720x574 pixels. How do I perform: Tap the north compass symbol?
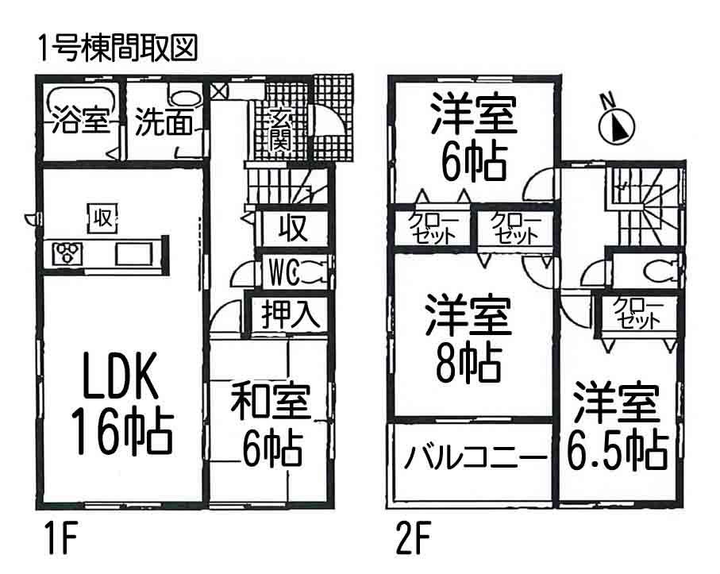click(615, 124)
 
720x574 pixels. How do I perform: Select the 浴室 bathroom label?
click(81, 125)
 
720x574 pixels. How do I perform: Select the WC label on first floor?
click(282, 274)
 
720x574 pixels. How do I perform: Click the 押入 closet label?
click(291, 314)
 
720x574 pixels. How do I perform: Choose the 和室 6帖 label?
click(270, 426)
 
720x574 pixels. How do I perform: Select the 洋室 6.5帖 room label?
click(616, 426)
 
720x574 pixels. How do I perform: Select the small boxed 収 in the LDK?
click(101, 216)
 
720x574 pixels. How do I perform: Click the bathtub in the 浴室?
click(80, 101)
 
